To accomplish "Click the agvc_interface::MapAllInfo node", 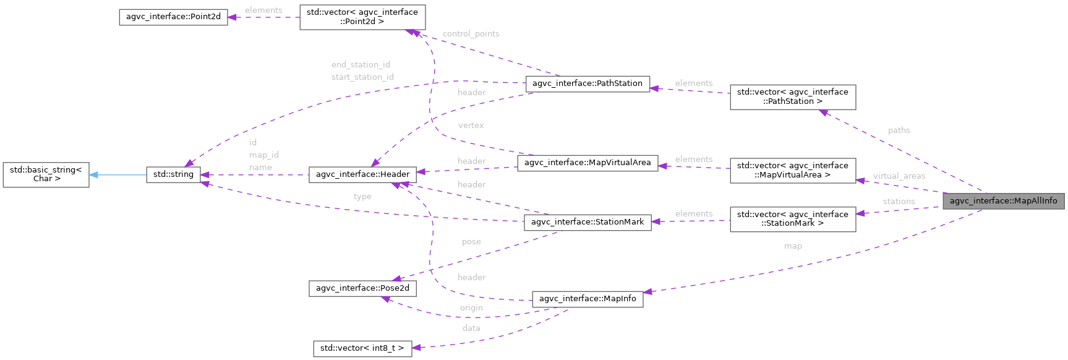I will click(1003, 201).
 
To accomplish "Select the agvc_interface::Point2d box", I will click(173, 17).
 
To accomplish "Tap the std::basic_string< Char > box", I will click(46, 174).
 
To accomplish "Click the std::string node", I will click(173, 174).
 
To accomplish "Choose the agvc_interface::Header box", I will click(362, 174).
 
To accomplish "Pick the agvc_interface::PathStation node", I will click(587, 84).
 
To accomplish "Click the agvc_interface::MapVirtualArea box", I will click(587, 163).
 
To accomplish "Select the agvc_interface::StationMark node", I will click(587, 222).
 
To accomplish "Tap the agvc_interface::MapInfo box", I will click(587, 299).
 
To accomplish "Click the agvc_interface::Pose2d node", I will click(362, 288).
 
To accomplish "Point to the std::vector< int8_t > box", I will click(362, 348).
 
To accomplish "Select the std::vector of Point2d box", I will click(362, 17).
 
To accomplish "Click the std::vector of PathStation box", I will click(792, 97).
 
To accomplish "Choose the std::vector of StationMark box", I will click(792, 219).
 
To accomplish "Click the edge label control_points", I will click(471, 34).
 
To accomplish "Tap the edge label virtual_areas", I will click(899, 176).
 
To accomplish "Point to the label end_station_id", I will click(361, 64).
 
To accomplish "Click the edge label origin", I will click(471, 308).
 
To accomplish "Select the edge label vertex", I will click(471, 126).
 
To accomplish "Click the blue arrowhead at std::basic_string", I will click(93, 175).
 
